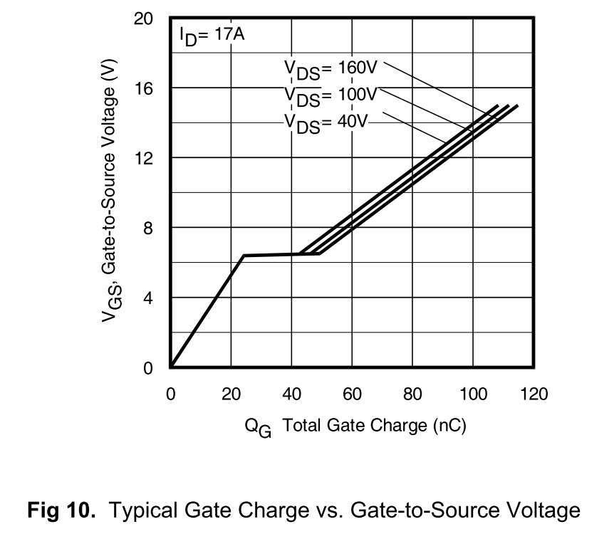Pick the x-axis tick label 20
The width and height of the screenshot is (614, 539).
tap(231, 394)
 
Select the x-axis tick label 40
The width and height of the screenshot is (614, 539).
tap(291, 394)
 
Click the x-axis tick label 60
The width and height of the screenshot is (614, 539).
tap(352, 394)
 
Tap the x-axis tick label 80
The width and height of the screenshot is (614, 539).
tap(412, 394)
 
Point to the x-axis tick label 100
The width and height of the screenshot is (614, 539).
tap(472, 394)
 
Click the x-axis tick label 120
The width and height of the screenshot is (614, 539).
tap(534, 394)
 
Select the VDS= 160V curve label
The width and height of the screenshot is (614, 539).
tap(330, 69)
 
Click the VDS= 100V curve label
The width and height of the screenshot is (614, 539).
tap(330, 95)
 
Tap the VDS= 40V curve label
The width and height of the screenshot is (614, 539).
tap(326, 122)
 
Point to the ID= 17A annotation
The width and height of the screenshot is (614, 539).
tap(212, 36)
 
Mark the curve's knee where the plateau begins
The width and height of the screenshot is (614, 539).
tap(244, 256)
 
